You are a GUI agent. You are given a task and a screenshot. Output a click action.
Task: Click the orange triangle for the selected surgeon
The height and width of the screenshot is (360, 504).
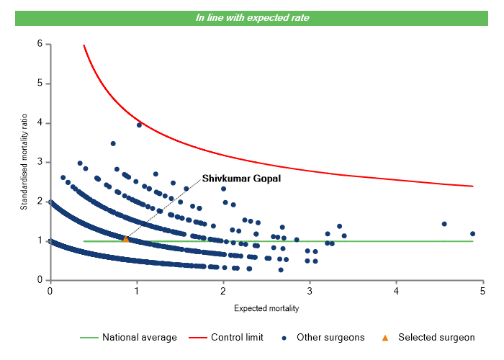tap(125, 238)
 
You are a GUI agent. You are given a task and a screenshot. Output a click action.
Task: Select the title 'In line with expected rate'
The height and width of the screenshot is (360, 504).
tap(252, 18)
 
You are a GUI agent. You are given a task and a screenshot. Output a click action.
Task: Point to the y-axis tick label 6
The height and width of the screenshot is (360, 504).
tap(40, 44)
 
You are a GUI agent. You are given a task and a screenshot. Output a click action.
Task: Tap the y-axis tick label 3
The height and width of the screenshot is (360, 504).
tap(40, 162)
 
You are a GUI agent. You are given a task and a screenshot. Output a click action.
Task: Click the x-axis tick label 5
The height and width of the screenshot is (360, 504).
tap(483, 290)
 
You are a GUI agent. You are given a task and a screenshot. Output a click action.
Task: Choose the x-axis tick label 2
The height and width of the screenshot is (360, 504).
tap(223, 290)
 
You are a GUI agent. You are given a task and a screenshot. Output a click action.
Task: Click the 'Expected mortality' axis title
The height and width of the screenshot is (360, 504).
tap(266, 308)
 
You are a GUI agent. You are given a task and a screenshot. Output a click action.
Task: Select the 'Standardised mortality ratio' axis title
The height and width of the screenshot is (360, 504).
tap(23, 162)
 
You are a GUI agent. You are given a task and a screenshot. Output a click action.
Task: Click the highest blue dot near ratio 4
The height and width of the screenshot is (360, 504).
tap(139, 125)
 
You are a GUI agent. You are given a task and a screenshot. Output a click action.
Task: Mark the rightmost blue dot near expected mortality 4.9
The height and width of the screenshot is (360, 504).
tap(472, 233)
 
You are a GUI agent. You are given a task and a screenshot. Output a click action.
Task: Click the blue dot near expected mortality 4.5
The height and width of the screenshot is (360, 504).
tap(444, 224)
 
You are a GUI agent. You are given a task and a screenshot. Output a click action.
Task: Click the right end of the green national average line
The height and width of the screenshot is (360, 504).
tap(473, 241)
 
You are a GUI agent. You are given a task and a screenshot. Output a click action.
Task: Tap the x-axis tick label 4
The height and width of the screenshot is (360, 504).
tap(397, 290)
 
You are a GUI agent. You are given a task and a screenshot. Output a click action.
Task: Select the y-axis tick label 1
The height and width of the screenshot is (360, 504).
tap(40, 240)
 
